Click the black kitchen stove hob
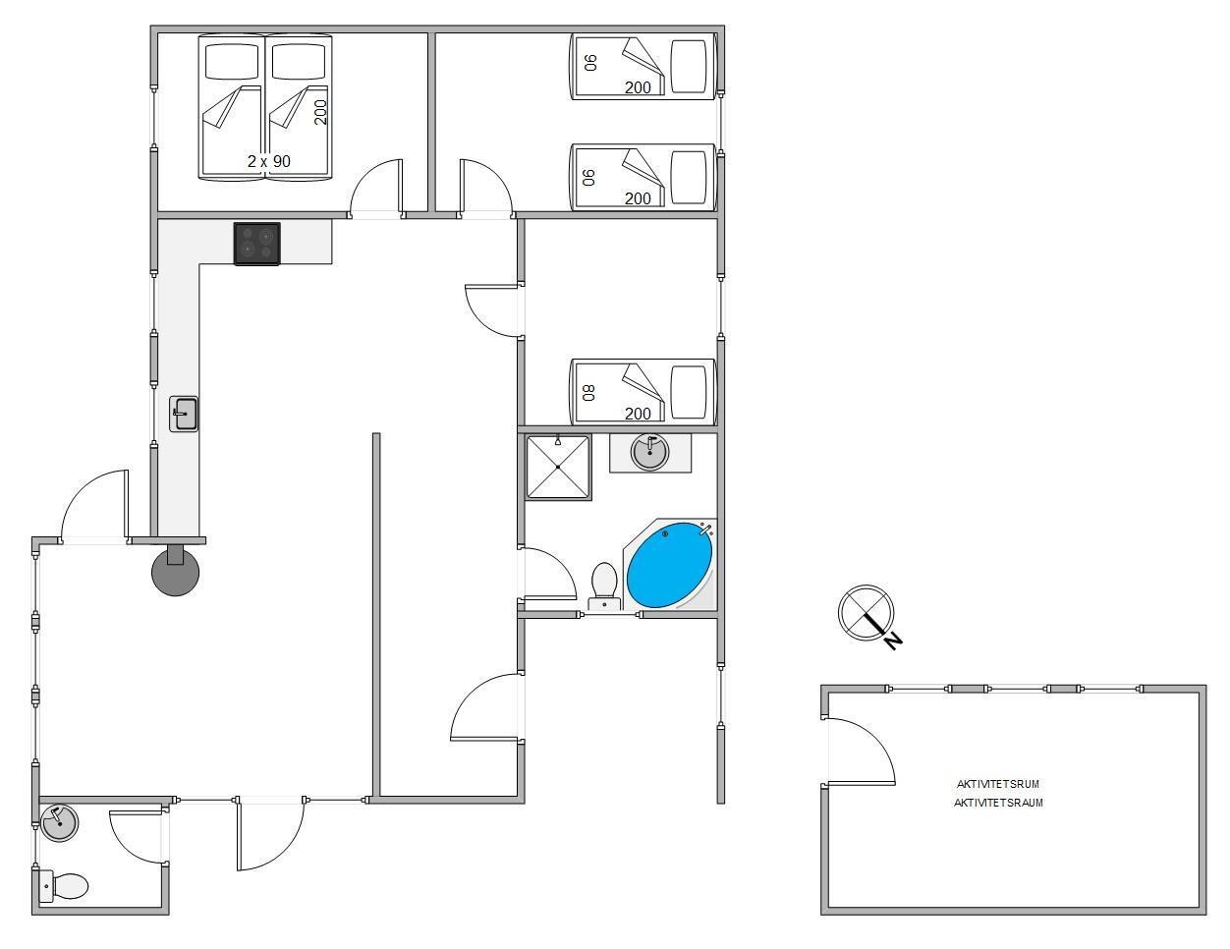coord(257,244)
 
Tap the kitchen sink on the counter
coord(184,414)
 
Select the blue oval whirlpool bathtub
coord(670,565)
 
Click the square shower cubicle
coord(558,467)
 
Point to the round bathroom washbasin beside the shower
coord(649,452)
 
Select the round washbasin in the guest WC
coord(59,823)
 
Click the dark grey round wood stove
coord(176,571)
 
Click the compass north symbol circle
coord(867,613)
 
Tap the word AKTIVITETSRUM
coord(998,784)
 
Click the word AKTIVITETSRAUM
coord(998,803)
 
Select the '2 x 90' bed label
coord(269,161)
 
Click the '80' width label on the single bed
coord(589,393)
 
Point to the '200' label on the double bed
coord(320,112)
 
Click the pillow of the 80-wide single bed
coord(689,392)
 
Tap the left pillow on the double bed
coord(232,61)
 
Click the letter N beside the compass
coord(893,642)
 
